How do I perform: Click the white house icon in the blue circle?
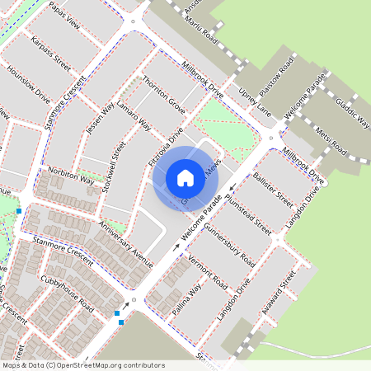point(185,177)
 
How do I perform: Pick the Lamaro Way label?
point(133,117)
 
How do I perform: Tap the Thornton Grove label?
point(164,95)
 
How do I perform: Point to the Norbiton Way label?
point(72,175)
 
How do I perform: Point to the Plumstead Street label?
point(247,211)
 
